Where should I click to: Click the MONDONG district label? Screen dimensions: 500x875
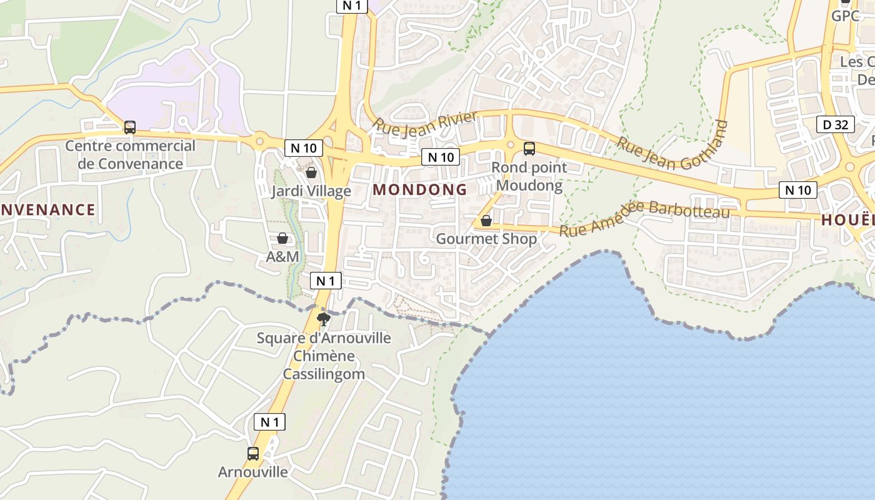420,189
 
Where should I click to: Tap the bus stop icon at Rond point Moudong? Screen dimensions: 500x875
529,149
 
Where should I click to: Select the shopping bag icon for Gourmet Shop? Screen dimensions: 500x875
486,221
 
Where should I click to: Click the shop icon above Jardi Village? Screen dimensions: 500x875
311,172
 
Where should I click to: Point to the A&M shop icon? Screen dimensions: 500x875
282,238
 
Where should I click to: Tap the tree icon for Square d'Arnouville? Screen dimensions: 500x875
324,320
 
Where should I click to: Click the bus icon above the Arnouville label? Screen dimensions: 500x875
253,454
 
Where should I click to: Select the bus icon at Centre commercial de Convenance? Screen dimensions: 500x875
130,127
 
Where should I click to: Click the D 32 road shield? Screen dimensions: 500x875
836,124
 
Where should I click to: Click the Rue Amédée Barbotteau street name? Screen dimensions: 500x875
644,218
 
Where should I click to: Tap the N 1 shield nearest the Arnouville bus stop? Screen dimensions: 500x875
270,422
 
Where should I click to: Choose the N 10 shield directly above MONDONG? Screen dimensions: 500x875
441,157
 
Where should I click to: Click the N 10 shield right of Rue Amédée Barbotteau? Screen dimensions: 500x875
798,189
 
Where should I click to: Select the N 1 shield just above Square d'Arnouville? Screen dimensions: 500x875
326,281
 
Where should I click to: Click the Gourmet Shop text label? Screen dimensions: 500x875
486,239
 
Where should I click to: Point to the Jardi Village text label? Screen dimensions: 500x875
311,191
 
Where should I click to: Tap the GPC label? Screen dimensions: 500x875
846,16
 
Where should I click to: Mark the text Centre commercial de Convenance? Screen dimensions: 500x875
131,155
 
